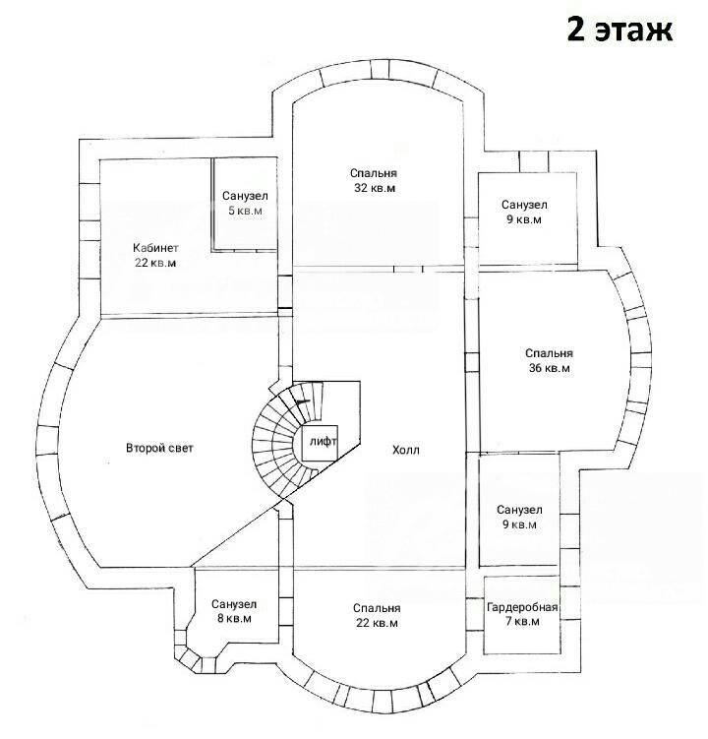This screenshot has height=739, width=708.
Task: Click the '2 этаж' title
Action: pos(619,30)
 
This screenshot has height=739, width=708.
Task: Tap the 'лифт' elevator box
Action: pos(320,443)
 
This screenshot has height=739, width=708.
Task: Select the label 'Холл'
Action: pos(405,450)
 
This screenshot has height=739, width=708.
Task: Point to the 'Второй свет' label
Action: pos(159,448)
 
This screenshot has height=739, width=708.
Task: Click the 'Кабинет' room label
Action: pos(155,248)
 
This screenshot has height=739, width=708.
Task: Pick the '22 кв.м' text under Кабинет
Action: pos(155,263)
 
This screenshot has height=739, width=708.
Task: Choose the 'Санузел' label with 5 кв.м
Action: pos(245,196)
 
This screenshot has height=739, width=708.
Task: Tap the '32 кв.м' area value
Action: pos(375,188)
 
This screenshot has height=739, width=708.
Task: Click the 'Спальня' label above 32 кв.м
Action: pos(374,173)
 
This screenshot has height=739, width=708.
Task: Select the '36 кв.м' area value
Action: pos(550,368)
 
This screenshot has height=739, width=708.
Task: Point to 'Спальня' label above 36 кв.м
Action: pos(549,353)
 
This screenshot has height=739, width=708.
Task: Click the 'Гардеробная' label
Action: pos(522,607)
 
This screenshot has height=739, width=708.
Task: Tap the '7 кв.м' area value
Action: pos(522,621)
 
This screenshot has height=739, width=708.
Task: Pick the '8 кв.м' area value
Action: pos(234,619)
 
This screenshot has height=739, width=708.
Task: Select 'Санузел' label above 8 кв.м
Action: pos(234,604)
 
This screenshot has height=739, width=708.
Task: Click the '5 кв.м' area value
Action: pos(245,211)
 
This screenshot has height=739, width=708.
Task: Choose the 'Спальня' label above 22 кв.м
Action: pos(377,608)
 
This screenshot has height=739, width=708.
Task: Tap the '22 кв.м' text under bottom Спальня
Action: pos(377,623)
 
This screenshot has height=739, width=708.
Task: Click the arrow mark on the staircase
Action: pos(303,401)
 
